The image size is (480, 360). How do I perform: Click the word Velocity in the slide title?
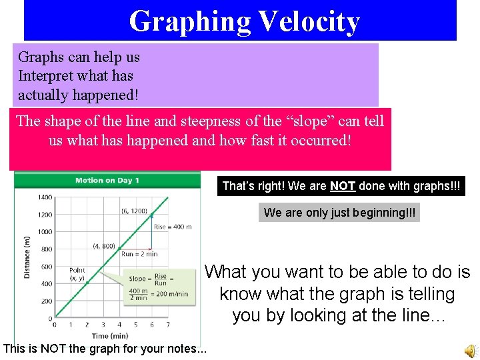point(309,21)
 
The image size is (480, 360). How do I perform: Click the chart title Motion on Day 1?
point(107,180)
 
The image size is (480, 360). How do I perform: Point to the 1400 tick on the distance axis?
point(45,197)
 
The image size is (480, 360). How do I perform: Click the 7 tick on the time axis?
point(167,325)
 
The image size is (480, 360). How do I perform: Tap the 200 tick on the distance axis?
point(47,301)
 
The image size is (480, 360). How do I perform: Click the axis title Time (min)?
point(111,336)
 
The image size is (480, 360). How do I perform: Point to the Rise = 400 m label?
point(173,227)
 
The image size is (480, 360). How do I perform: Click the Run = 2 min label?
point(139,254)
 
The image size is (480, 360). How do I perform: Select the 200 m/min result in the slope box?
point(173,294)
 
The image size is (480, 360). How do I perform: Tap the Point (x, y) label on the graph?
point(77,274)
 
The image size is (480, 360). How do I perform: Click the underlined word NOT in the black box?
point(343,186)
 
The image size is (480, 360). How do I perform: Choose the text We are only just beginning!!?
point(339,213)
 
